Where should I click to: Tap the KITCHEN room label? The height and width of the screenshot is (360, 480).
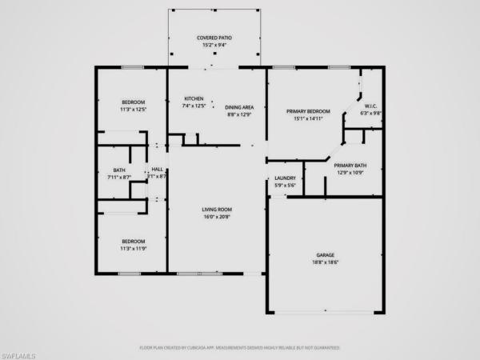pyautogui.click(x=194, y=98)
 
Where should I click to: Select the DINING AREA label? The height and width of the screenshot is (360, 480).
pyautogui.click(x=238, y=107)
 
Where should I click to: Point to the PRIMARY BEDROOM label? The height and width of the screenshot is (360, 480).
pyautogui.click(x=308, y=111)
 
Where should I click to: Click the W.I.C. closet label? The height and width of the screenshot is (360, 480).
pyautogui.click(x=370, y=106)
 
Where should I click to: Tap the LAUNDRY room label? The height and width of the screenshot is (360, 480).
pyautogui.click(x=286, y=178)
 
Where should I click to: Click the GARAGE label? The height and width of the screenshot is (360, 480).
pyautogui.click(x=325, y=255)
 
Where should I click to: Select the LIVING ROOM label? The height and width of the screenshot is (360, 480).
pyautogui.click(x=216, y=210)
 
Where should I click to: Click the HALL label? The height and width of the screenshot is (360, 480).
pyautogui.click(x=158, y=170)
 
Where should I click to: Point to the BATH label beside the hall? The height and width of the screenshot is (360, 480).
pyautogui.click(x=119, y=170)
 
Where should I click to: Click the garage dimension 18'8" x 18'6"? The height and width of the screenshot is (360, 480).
pyautogui.click(x=325, y=262)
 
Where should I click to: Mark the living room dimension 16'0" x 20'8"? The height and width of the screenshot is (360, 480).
pyautogui.click(x=216, y=217)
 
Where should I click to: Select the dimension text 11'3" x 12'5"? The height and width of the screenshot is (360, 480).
pyautogui.click(x=134, y=109)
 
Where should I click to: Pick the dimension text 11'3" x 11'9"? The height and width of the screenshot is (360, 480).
pyautogui.click(x=134, y=249)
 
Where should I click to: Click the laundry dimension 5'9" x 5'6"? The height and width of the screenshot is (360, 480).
pyautogui.click(x=286, y=185)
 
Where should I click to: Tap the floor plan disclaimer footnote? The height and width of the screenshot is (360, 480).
pyautogui.click(x=240, y=348)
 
